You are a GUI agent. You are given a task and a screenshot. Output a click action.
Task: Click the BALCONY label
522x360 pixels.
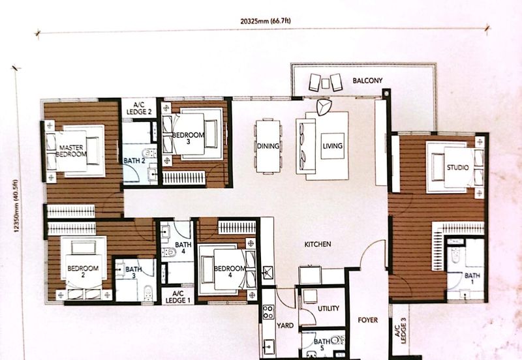click(367, 80)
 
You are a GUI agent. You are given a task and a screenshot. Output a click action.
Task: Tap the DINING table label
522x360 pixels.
click(268, 145)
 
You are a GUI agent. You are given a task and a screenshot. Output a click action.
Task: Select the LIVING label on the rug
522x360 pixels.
click(332, 145)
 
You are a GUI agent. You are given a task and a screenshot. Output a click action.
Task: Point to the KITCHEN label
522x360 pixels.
click(318, 244)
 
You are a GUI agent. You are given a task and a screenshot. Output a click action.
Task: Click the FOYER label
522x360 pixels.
click(368, 320)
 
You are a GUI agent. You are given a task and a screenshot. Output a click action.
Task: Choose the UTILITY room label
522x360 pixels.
click(328, 308)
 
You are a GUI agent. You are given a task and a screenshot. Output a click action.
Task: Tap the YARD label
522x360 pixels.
click(285, 325)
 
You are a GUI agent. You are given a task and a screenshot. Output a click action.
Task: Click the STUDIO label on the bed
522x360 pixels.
click(458, 168)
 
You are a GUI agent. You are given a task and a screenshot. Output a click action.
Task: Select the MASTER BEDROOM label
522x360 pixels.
click(71, 151)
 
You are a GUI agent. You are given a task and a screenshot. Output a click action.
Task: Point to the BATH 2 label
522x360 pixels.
click(134, 160)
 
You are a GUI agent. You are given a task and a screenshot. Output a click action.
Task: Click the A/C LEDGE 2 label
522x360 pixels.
click(139, 108)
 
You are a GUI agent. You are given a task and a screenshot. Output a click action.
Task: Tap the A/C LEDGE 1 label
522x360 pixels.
click(177, 297)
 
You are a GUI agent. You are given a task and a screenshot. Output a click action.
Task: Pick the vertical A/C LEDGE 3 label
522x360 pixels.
click(401, 331)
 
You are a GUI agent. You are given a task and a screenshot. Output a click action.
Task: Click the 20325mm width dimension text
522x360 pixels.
click(266, 21)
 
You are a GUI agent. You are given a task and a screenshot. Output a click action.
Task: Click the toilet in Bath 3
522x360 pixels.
click(149, 293)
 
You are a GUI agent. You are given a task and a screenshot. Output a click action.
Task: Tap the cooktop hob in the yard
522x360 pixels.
click(268, 312)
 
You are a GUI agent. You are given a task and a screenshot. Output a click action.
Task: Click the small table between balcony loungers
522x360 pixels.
click(325, 83)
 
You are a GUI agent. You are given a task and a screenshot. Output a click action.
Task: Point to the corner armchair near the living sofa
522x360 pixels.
click(324, 107)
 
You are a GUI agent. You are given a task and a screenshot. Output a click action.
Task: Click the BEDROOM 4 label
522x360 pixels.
click(230, 272)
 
